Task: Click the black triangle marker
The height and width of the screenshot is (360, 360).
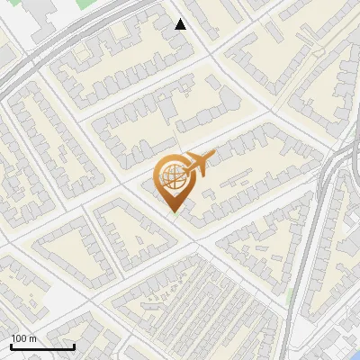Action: pos(181,24)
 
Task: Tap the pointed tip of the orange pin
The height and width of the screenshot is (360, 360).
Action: pos(173,213)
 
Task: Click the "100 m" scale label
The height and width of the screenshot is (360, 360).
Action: pos(24,338)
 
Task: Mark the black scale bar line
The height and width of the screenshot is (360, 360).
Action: pos(42,347)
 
